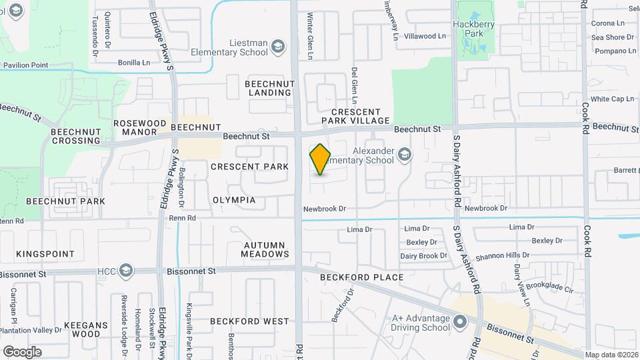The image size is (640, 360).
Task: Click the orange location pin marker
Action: tap(321, 159)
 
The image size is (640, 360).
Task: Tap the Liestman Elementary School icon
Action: tap(278, 47)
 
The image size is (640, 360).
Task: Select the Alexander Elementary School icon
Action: tap(404, 155)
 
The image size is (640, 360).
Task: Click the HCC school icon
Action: tap(126, 271)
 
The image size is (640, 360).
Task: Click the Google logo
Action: tap(22, 352)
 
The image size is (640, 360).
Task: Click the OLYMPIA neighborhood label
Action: tap(234, 200)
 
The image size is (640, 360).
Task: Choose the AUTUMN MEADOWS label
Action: tap(266, 249)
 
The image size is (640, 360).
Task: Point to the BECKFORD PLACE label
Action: tap(361, 277)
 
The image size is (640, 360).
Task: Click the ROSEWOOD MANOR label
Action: tap(139, 128)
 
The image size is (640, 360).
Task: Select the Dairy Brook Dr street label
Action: tap(423, 256)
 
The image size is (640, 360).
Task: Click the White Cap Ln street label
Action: tap(612, 99)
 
